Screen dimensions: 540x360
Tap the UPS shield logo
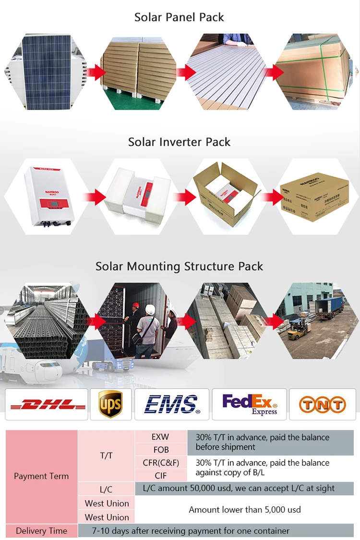click(110, 404)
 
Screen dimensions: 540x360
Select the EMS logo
click(171, 405)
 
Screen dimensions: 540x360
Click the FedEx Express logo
click(250, 405)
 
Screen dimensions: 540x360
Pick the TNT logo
click(322, 405)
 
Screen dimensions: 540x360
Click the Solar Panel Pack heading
click(179, 17)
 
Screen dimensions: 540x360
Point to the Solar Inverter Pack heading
click(179, 142)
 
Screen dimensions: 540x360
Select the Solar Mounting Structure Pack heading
click(179, 266)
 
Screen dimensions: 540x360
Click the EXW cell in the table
click(160, 437)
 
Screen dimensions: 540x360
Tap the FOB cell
click(160, 450)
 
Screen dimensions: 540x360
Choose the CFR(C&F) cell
click(160, 463)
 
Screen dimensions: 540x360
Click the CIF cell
click(160, 476)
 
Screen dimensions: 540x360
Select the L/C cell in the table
click(106, 490)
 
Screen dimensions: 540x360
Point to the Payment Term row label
click(41, 476)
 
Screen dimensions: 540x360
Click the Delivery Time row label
click(41, 531)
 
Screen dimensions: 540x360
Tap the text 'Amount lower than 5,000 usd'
click(245, 510)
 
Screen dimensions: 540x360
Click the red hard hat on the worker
click(135, 306)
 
